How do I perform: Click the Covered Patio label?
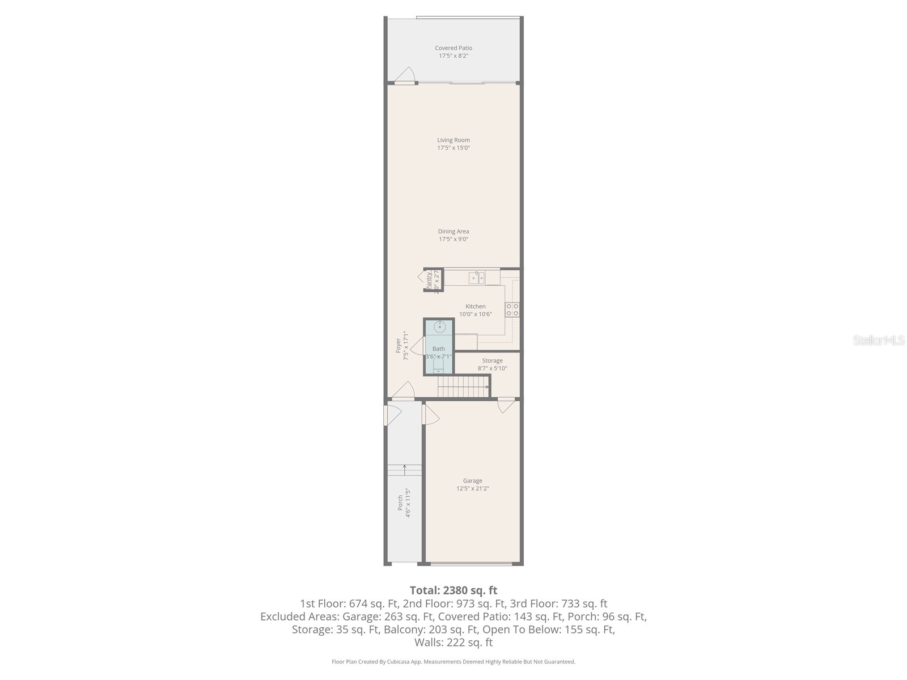tap(453, 48)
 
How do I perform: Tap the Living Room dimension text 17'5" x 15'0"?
tap(453, 148)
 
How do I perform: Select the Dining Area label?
tap(453, 231)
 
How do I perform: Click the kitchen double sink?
tap(476, 277)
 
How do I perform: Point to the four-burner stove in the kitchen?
tap(512, 309)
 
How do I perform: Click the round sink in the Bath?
tap(440, 327)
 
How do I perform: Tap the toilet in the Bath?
tap(439, 368)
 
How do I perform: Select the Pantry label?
tap(429, 280)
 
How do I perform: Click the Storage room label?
tap(492, 360)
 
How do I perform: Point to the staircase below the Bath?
tap(463, 389)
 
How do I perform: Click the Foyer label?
tap(399, 346)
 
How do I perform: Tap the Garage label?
tap(472, 481)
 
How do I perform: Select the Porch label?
tap(400, 503)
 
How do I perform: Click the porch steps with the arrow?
tap(405, 470)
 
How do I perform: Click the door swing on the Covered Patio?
tap(405, 75)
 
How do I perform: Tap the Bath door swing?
tap(418, 346)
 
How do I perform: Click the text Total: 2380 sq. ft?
tap(453, 590)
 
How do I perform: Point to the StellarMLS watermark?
tap(878, 341)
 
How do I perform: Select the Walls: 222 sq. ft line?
tap(453, 643)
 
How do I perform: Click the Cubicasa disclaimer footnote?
tap(453, 662)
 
